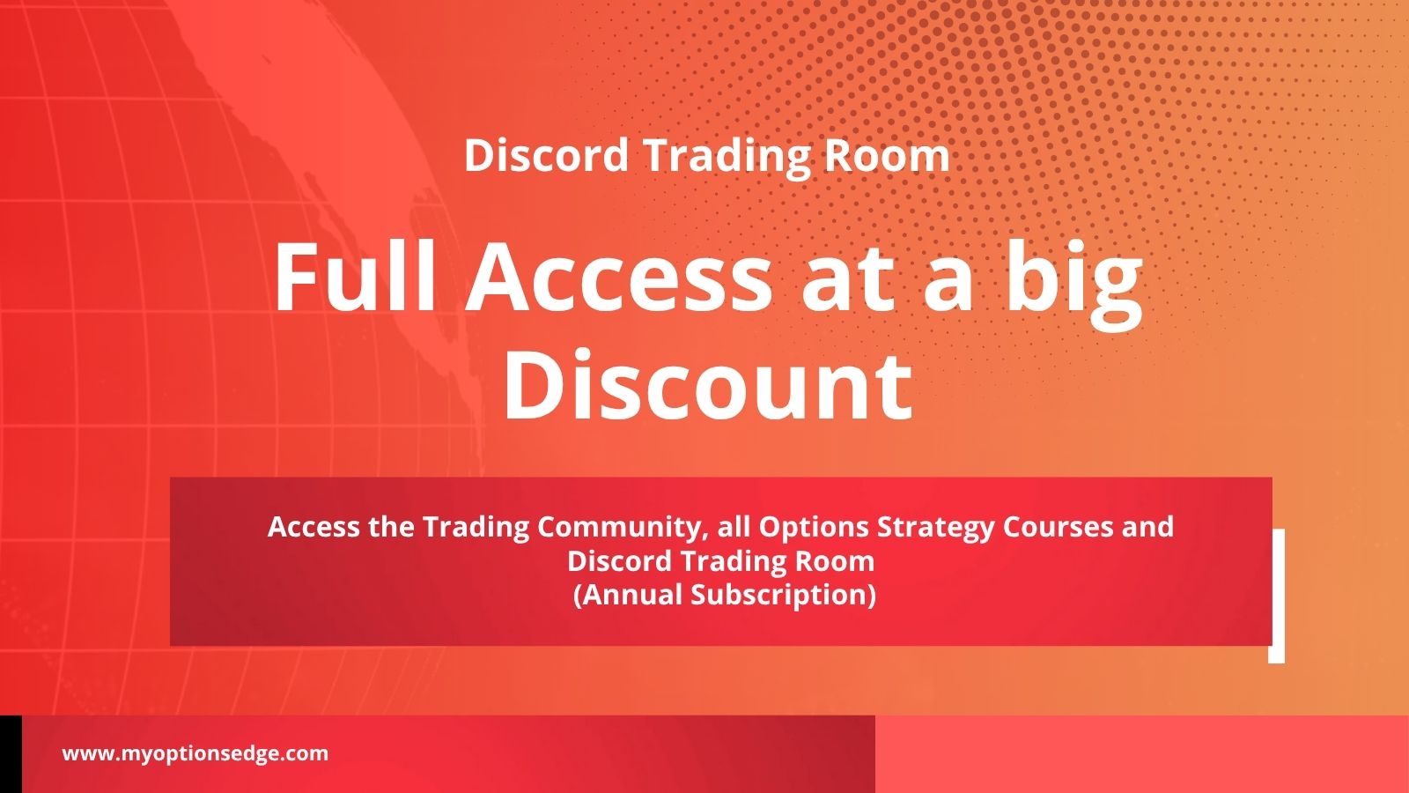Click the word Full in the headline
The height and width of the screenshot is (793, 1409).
[x=355, y=277]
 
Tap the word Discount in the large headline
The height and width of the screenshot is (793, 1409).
[x=708, y=384]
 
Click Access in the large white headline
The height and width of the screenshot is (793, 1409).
[x=618, y=277]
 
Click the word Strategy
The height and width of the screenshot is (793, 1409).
[x=935, y=528]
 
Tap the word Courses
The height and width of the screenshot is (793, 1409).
[x=1058, y=526]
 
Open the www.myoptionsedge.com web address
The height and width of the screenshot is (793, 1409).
[x=195, y=754]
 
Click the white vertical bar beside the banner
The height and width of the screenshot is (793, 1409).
[x=1276, y=596]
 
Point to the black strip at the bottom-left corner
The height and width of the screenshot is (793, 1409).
[x=11, y=754]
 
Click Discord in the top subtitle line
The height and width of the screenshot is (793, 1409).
[x=546, y=155]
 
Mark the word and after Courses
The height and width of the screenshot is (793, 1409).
[x=1148, y=526]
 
